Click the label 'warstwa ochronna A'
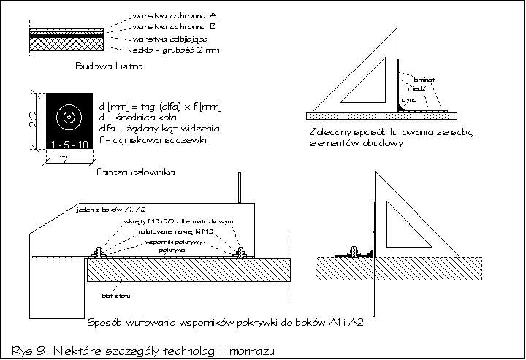[x=176, y=15]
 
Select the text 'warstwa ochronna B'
[x=176, y=26]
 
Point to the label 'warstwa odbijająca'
[x=172, y=39]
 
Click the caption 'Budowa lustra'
[x=108, y=66]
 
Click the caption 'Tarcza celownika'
[x=128, y=172]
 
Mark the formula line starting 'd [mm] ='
[x=160, y=107]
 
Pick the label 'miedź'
[x=416, y=87]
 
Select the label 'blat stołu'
[x=110, y=296]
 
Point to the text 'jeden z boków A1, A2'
[x=105, y=210]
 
